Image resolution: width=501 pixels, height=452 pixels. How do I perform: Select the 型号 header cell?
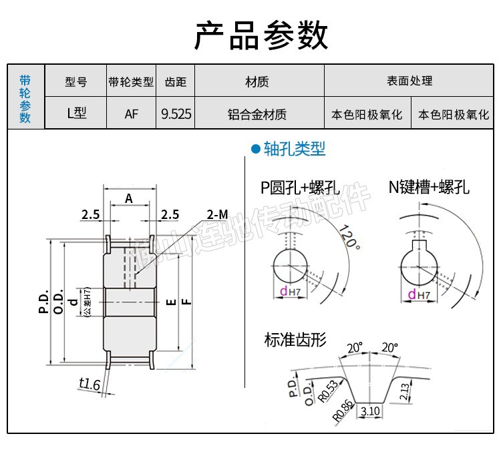pyautogui.click(x=76, y=82)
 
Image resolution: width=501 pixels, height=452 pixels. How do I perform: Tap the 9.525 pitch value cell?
pyautogui.click(x=176, y=114)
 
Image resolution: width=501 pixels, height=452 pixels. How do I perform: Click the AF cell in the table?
pyautogui.click(x=132, y=114)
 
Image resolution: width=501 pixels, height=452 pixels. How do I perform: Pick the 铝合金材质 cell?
pyautogui.click(x=257, y=114)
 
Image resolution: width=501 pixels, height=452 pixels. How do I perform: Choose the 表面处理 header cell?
pyautogui.click(x=409, y=81)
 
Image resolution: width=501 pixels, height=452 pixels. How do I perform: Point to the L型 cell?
pyautogui.click(x=76, y=114)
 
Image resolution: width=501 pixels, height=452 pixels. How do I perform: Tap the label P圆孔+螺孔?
pyautogui.click(x=300, y=188)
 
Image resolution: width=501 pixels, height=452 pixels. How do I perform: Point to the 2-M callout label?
pyautogui.click(x=217, y=214)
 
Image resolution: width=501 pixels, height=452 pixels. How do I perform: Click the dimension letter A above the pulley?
pyautogui.click(x=129, y=198)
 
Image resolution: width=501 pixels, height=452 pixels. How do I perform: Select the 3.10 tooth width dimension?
pyautogui.click(x=369, y=412)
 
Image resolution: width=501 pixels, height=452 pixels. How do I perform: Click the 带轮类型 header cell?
pyautogui.click(x=131, y=82)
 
